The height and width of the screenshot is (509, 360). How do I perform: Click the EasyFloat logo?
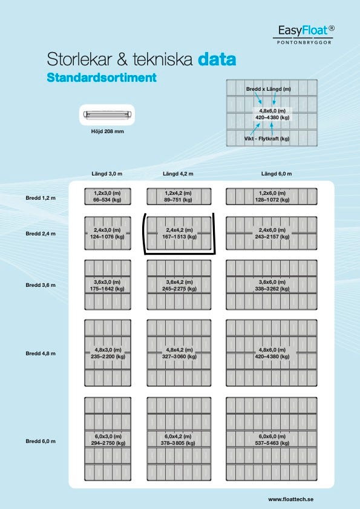click(x=304, y=34)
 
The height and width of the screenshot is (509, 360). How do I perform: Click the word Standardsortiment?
click(x=102, y=77)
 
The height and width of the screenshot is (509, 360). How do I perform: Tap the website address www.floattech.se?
click(x=291, y=499)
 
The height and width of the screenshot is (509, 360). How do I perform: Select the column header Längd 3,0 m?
click(x=107, y=174)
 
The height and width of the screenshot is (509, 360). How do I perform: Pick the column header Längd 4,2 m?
click(x=178, y=174)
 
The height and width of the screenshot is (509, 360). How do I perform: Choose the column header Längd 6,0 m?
click(x=277, y=174)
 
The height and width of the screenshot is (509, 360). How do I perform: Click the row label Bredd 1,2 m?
click(x=41, y=198)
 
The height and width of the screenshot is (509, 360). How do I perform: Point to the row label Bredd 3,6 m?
click(x=41, y=285)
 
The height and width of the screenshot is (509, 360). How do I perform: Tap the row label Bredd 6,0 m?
click(x=41, y=441)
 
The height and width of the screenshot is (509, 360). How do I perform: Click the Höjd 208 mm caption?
click(x=108, y=131)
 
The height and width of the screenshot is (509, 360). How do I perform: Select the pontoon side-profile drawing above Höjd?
click(x=107, y=114)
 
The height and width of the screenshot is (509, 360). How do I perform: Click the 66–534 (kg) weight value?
click(x=107, y=200)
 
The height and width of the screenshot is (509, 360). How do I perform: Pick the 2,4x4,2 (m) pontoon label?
click(x=179, y=230)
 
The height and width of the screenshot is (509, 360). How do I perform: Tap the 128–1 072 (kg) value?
click(x=272, y=200)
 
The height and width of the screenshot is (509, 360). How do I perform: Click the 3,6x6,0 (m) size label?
click(x=272, y=282)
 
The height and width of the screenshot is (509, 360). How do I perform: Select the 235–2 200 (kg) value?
click(x=108, y=356)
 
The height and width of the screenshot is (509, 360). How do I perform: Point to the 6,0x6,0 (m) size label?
click(x=272, y=436)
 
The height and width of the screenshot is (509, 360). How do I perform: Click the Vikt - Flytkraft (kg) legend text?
click(x=267, y=139)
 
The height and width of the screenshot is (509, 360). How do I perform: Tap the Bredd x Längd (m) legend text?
click(x=269, y=89)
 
